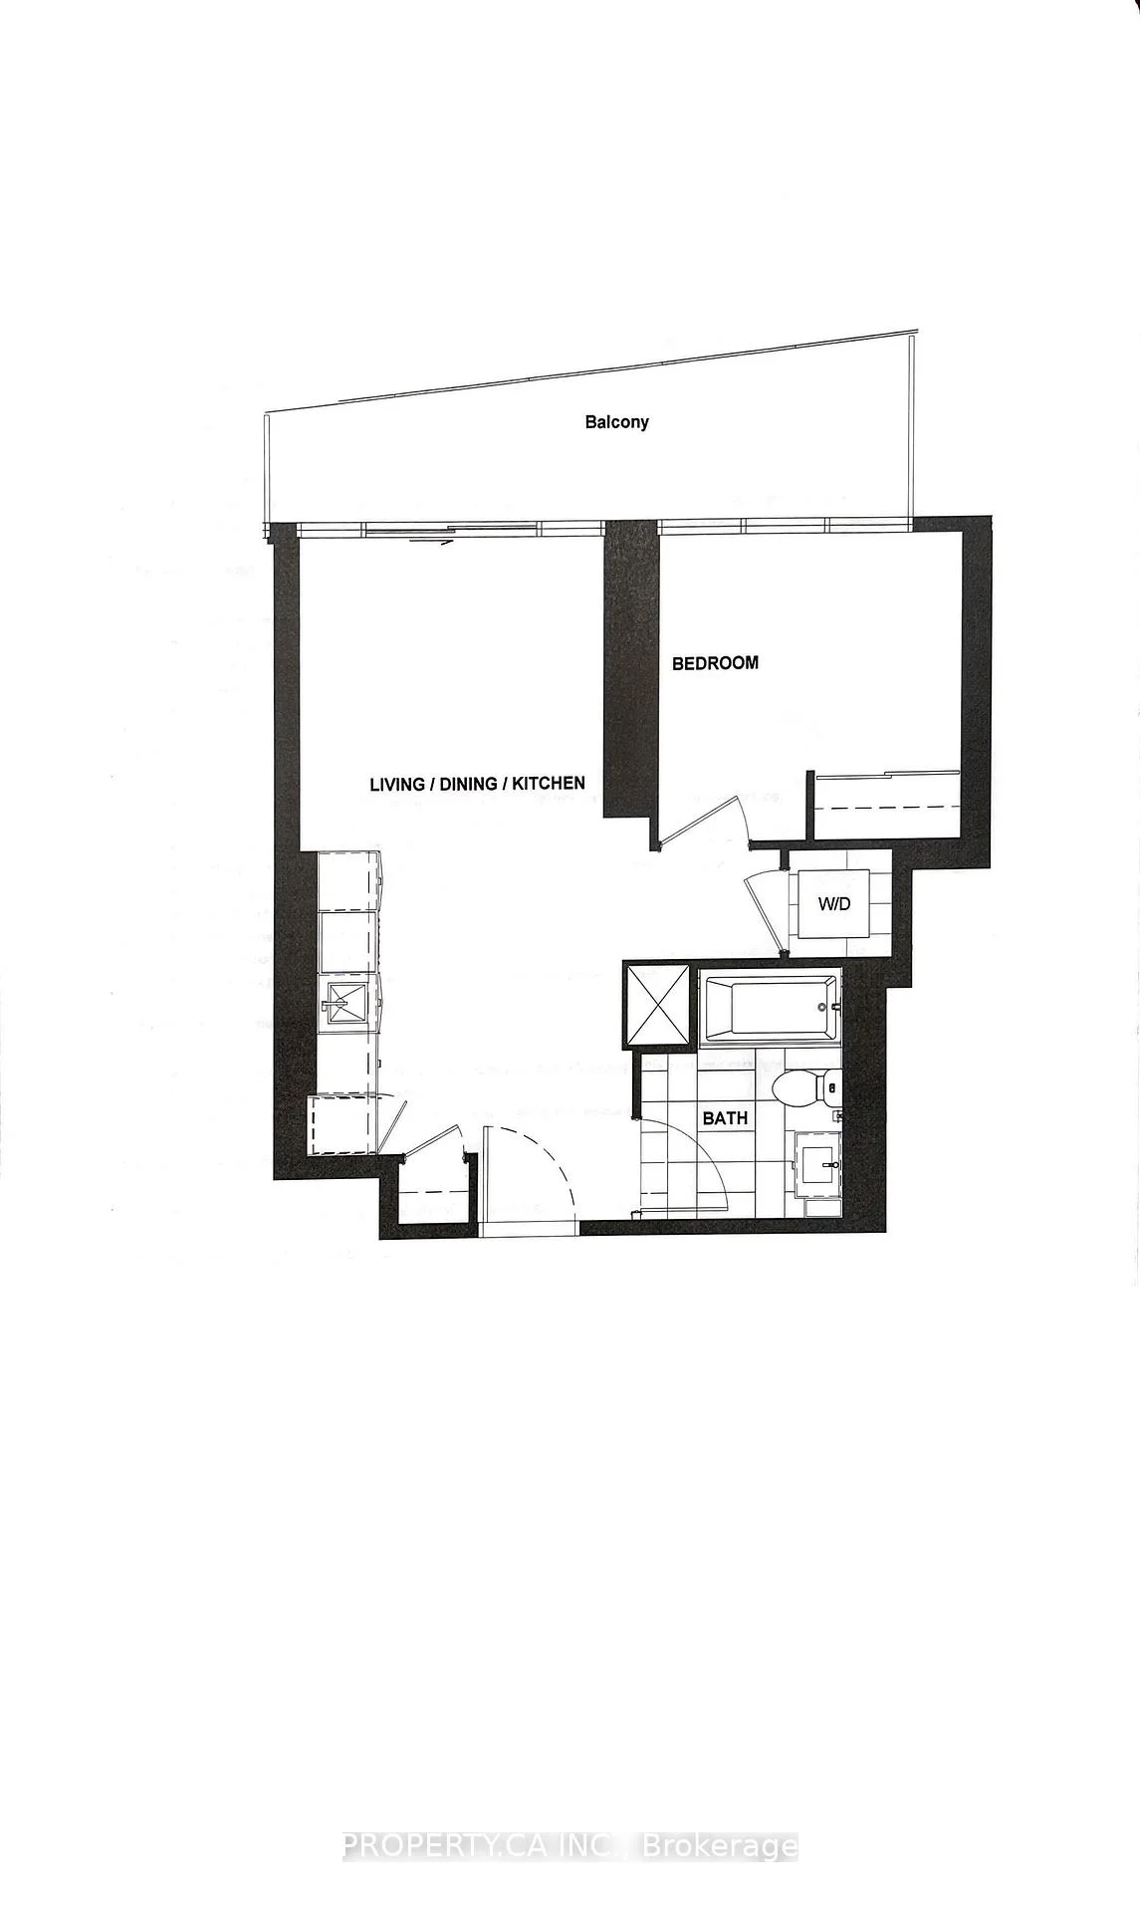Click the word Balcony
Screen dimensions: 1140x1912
point(616,422)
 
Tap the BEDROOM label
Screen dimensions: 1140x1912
point(715,663)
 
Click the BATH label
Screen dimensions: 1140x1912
point(725,1118)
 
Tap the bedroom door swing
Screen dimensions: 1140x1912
point(709,820)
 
